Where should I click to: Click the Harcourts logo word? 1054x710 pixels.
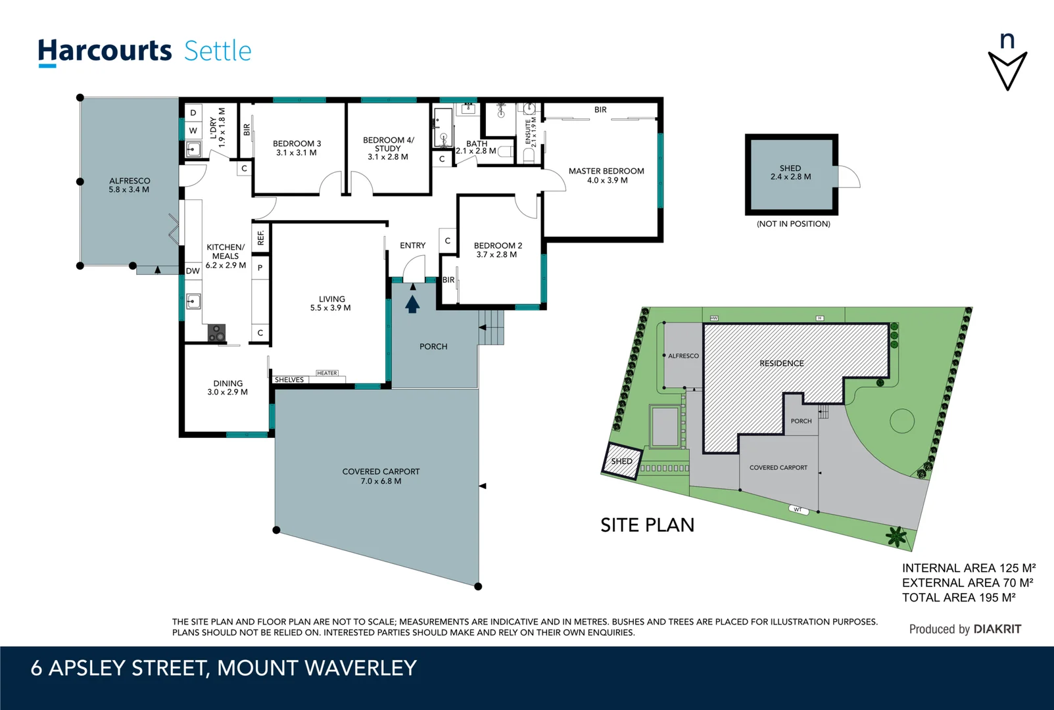(105, 51)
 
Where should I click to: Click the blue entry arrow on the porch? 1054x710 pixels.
(412, 304)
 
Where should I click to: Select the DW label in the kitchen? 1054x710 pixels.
(193, 271)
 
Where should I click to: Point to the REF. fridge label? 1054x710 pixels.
(260, 237)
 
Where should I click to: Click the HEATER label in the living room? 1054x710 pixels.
(327, 373)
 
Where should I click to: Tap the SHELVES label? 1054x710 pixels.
(289, 380)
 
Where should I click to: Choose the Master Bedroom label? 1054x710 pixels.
(606, 171)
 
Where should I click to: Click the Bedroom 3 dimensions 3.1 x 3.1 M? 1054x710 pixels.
(297, 153)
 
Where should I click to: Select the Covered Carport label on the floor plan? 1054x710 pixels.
(381, 471)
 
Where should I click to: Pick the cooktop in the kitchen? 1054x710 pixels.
(216, 333)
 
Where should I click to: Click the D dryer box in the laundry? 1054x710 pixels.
(193, 113)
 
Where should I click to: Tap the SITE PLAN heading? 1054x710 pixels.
(647, 525)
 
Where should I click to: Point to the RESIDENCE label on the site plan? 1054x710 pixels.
(781, 364)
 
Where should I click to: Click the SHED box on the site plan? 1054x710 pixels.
(621, 460)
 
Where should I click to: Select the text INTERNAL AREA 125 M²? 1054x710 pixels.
(969, 568)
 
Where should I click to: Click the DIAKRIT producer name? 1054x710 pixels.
(997, 629)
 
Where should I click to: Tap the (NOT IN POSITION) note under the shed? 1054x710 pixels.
(793, 224)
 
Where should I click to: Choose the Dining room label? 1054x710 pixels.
(228, 383)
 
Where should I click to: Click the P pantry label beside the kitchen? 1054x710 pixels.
(260, 268)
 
